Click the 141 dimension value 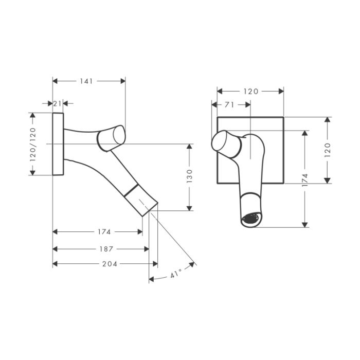(x=86, y=81)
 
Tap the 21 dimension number (x=58, y=104)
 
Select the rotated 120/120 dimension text (x=33, y=145)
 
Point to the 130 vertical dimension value (x=189, y=176)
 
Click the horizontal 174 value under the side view (x=104, y=232)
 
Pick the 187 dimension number (x=106, y=249)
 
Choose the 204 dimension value (x=110, y=264)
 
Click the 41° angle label (x=176, y=274)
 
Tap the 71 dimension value (x=229, y=105)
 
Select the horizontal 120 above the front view (x=251, y=92)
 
